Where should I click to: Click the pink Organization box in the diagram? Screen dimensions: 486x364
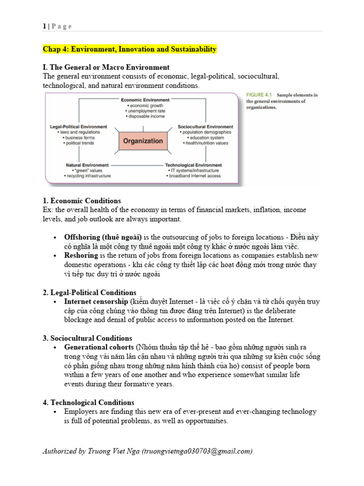click(143, 141)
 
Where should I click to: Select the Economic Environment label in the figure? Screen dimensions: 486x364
click(145, 100)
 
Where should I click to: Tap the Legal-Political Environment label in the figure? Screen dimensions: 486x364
click(79, 127)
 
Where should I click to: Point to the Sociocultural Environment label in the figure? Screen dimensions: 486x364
click(205, 127)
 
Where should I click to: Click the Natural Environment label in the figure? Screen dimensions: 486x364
click(88, 165)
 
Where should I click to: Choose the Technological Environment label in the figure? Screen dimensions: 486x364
click(193, 165)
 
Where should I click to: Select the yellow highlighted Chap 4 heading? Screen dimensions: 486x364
click(129, 49)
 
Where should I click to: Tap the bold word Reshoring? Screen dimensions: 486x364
click(81, 255)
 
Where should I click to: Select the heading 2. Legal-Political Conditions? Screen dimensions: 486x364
click(90, 292)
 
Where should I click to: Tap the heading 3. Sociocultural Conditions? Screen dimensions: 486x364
click(88, 338)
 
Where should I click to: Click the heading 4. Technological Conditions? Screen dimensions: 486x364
click(89, 402)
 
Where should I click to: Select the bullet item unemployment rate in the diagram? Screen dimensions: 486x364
click(145, 111)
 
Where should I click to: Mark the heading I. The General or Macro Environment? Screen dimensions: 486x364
click(106, 67)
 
